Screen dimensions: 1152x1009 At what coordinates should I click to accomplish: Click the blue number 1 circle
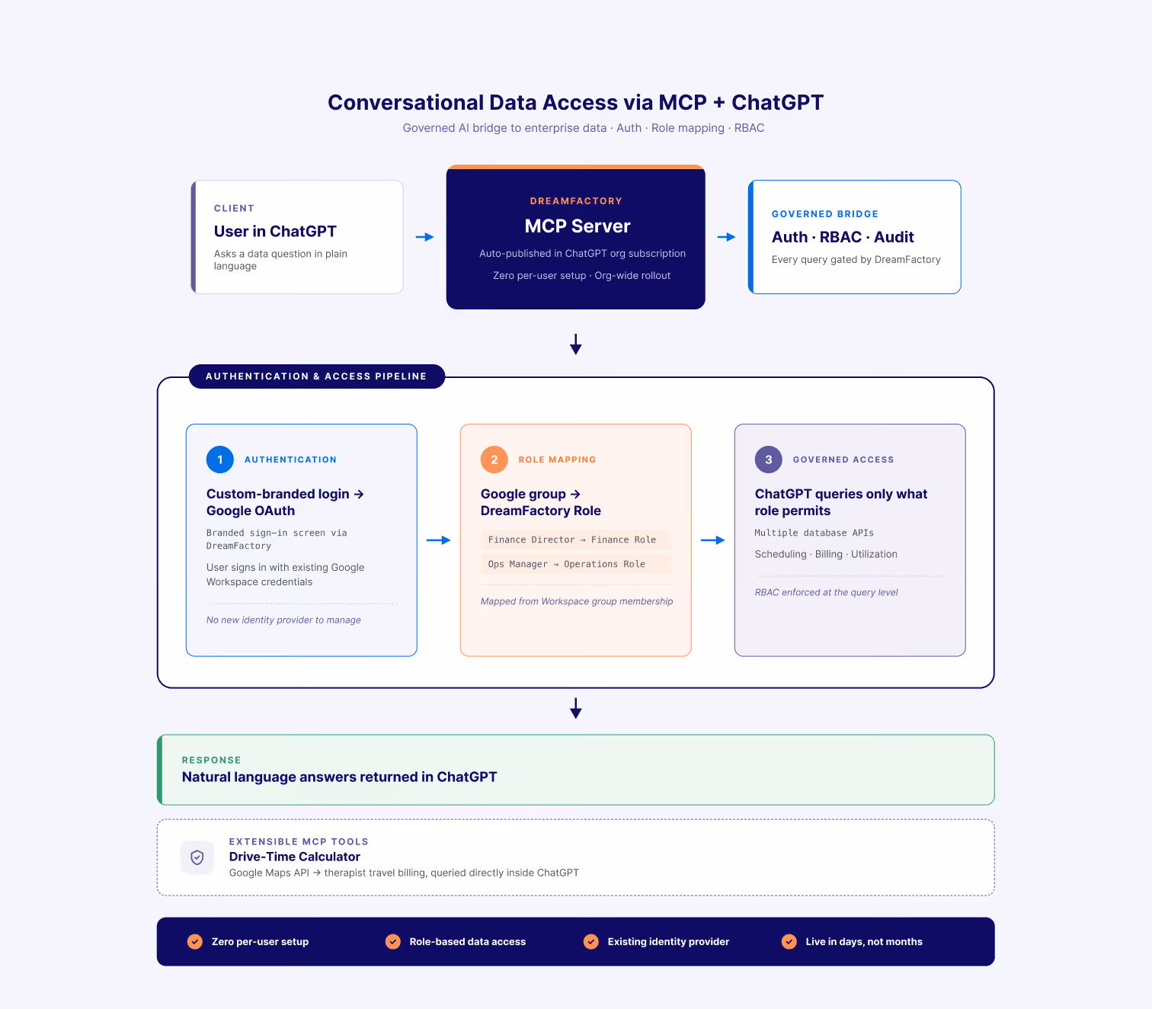tap(219, 460)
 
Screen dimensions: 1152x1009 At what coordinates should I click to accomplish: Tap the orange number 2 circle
tap(494, 460)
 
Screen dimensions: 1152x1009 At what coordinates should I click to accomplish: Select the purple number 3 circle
tap(768, 460)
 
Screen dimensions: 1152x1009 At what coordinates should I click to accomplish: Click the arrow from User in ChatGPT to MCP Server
tap(424, 237)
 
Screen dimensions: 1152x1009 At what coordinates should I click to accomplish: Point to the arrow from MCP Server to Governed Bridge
tap(726, 237)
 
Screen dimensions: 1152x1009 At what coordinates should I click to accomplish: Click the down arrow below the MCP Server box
tap(575, 344)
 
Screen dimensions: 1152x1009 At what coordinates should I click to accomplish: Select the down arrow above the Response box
tap(575, 708)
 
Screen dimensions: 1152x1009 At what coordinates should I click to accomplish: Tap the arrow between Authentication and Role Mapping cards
tap(439, 540)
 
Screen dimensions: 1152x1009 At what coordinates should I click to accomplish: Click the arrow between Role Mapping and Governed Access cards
tap(713, 540)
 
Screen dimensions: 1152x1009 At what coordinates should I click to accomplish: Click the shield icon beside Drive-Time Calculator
tap(197, 857)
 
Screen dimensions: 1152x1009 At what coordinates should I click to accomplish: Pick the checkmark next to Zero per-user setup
tap(195, 941)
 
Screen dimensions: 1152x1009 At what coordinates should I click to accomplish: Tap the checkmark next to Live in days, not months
tap(789, 941)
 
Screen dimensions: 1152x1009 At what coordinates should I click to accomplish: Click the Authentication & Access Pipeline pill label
tap(316, 376)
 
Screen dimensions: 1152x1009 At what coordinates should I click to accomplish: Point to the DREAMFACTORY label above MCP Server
tap(575, 201)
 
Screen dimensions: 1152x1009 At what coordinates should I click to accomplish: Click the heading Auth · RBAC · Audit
tap(843, 237)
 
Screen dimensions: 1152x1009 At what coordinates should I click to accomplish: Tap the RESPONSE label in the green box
tap(211, 760)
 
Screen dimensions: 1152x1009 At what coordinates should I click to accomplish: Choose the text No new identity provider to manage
tap(283, 620)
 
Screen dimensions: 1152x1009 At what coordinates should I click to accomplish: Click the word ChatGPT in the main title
tap(777, 102)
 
